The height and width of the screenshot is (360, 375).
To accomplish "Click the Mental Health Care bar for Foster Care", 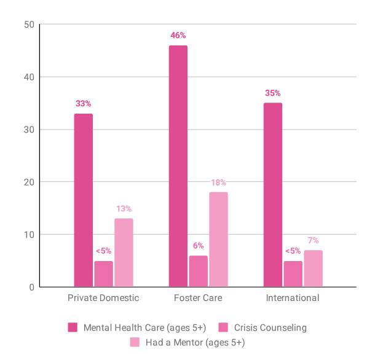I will [178, 166].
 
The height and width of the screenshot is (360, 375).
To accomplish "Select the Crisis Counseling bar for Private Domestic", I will [103, 274].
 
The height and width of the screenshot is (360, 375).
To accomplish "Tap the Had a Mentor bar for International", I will [313, 268].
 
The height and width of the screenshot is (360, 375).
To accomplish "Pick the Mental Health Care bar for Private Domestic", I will [84, 200].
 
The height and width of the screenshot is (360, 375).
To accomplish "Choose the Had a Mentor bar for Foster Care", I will [218, 240].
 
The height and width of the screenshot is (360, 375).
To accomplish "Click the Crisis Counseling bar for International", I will [293, 274].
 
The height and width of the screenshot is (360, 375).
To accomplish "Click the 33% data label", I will [84, 104].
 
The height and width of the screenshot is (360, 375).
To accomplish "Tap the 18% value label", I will [218, 182].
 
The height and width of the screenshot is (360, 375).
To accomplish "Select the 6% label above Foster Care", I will [198, 246].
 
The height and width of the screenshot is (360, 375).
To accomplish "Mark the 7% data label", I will [313, 240].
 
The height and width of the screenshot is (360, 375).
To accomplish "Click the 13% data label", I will [124, 209].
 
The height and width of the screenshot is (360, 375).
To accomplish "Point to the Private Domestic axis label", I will [103, 298].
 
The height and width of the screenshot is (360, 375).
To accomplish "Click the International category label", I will [293, 298].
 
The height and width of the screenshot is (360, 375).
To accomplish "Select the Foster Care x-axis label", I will [198, 298].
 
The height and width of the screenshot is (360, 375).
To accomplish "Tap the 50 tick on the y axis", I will [29, 25].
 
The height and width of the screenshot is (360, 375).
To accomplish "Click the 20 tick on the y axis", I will [29, 182].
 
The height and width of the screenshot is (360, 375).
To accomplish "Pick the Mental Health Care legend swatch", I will [73, 327].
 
